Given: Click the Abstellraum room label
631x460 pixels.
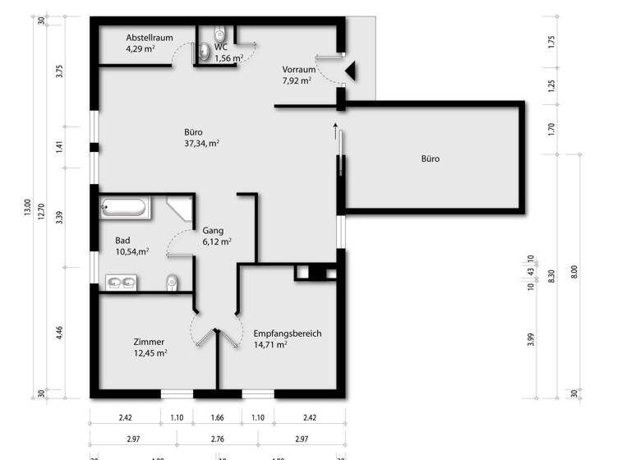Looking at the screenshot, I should (149, 38).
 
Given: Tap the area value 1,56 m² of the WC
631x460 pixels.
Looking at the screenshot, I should (228, 58).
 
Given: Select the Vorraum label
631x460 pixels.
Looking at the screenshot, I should (298, 69).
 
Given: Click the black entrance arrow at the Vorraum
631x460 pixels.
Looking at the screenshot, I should (350, 72).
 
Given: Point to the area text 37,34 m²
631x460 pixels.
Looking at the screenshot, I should (201, 143).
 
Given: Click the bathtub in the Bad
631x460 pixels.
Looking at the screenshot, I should (126, 207).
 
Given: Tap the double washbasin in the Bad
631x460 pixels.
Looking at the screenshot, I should (122, 283).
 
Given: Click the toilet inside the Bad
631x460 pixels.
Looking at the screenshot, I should (171, 283).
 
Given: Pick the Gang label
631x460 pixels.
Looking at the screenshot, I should (213, 231).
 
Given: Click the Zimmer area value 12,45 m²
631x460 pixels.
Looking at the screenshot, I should (150, 353).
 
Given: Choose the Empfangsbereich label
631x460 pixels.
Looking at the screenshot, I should (287, 333).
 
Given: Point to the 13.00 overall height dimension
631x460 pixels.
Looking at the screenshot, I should (28, 209).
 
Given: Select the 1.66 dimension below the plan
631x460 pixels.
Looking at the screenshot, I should (218, 418).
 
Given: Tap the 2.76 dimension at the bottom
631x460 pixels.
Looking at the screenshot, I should (218, 439).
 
